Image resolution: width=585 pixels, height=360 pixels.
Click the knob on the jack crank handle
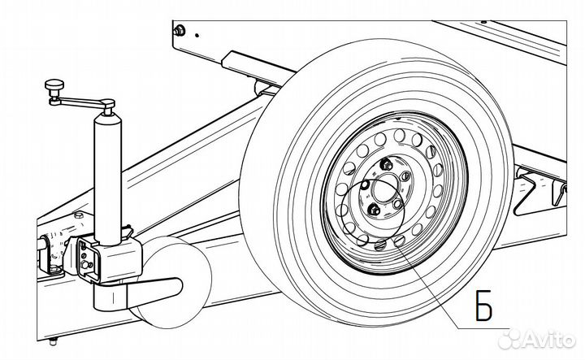(x=54, y=85)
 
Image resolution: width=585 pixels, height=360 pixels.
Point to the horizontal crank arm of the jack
(x=79, y=101)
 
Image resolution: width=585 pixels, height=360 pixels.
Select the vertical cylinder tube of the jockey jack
(x=108, y=179)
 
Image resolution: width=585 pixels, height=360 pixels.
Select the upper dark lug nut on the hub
(x=385, y=164)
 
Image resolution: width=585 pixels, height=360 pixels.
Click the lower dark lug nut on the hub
(x=374, y=210)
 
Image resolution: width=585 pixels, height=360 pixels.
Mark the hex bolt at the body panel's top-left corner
(x=179, y=31)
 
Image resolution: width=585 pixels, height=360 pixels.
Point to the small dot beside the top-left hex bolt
(x=197, y=36)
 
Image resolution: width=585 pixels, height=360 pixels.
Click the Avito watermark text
(x=549, y=339)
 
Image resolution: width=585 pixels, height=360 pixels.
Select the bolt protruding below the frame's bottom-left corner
(x=53, y=341)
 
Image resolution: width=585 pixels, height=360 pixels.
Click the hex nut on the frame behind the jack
(x=78, y=215)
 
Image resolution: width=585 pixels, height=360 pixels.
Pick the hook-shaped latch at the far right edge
(x=560, y=194)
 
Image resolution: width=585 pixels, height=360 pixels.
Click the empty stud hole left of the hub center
(x=365, y=184)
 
